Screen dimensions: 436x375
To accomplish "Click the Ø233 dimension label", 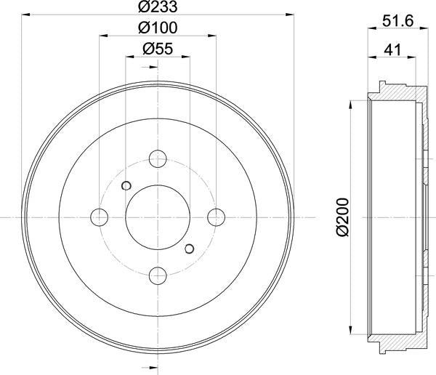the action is pos(158,7).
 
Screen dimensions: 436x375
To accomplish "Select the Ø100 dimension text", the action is pos(158,28).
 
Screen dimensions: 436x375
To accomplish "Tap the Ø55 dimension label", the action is pos(158,49).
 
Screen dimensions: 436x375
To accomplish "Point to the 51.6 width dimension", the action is pos(398,21).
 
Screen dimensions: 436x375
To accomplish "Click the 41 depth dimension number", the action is pos(392,50).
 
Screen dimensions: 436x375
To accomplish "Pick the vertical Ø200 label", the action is pos(342,217).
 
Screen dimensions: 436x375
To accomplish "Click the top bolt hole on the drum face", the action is pos(158,158).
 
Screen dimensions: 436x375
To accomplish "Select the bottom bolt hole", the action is pos(158,275).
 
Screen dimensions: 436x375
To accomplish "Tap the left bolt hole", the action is pos(100,217).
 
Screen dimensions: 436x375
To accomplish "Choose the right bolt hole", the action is pos(217,217).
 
